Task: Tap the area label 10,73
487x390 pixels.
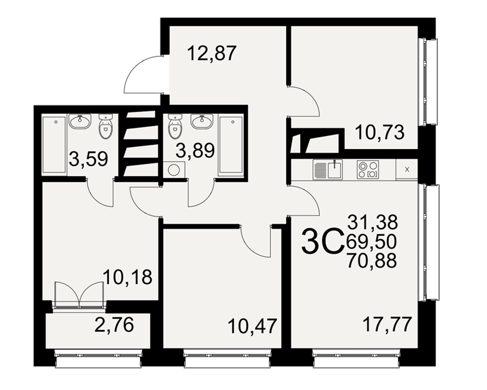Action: [x=379, y=133]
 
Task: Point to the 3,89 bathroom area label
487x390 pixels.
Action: [x=195, y=151]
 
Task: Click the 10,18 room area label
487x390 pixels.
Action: [x=128, y=277]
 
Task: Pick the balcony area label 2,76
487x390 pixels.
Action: [x=114, y=324]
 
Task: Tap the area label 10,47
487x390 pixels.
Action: [x=252, y=326]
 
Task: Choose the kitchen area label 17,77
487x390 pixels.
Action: [x=387, y=324]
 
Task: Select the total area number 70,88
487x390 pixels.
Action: [x=372, y=260]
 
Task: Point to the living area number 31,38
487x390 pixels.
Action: [x=373, y=222]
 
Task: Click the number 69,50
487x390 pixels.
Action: [x=372, y=241]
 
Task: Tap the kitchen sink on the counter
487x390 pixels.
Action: [x=328, y=170]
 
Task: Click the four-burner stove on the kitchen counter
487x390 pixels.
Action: [x=368, y=170]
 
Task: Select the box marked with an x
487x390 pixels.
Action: [x=407, y=170]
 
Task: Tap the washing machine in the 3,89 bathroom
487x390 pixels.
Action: [x=173, y=170]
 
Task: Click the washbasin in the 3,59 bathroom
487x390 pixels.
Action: [x=80, y=121]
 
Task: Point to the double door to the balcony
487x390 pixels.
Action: [x=79, y=294]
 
